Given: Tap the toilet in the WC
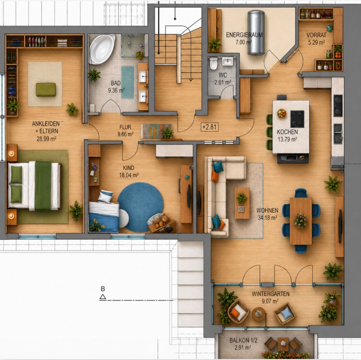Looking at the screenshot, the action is [x=213, y=63].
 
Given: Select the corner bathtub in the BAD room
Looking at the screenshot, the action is [x=102, y=49].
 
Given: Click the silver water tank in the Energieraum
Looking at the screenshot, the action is [x=256, y=32].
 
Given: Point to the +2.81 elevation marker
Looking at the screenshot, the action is [x=209, y=127].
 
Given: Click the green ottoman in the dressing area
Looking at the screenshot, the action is [x=46, y=89].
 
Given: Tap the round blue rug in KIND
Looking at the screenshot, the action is [x=140, y=207].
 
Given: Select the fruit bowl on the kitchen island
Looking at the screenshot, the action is [x=281, y=113].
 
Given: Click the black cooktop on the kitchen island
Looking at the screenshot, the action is [x=297, y=119].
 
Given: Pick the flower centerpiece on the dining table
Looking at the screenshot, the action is [x=300, y=220].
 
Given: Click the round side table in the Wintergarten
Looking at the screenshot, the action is [x=259, y=314].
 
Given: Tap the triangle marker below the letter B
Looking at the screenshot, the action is [x=103, y=297].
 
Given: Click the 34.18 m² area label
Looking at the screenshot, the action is [x=267, y=218].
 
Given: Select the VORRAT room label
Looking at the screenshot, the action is [x=316, y=35].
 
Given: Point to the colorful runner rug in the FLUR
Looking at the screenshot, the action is [x=157, y=131].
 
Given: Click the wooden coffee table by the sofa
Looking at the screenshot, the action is [x=242, y=203].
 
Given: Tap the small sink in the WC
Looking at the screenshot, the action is [x=228, y=62].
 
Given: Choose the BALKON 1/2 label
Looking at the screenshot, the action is [x=243, y=340].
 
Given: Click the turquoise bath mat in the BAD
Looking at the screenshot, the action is [x=127, y=82].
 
